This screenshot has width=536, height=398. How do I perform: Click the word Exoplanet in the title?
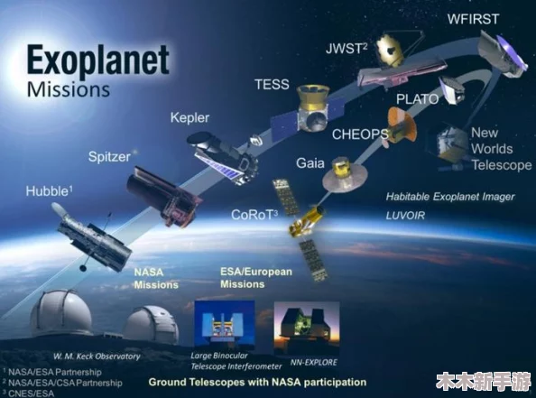(98, 60)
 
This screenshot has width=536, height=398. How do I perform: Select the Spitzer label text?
(109, 157)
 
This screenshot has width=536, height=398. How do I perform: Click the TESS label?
(273, 84)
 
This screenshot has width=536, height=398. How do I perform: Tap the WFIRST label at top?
(474, 19)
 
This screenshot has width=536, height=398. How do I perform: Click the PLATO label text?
(418, 99)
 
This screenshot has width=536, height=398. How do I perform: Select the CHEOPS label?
(360, 134)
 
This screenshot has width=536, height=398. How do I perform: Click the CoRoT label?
(254, 215)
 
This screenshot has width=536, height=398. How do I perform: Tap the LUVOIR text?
(405, 216)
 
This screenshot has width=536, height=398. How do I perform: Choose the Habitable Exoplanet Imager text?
(450, 197)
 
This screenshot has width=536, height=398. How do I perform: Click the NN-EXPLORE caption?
(314, 362)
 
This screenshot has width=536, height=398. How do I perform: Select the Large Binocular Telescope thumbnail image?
(225, 323)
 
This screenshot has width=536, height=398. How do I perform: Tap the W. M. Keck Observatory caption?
(97, 356)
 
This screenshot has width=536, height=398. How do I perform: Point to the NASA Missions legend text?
(156, 278)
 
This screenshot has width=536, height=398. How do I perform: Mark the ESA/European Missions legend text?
(256, 278)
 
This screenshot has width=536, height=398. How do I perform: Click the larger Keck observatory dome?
(60, 312)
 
